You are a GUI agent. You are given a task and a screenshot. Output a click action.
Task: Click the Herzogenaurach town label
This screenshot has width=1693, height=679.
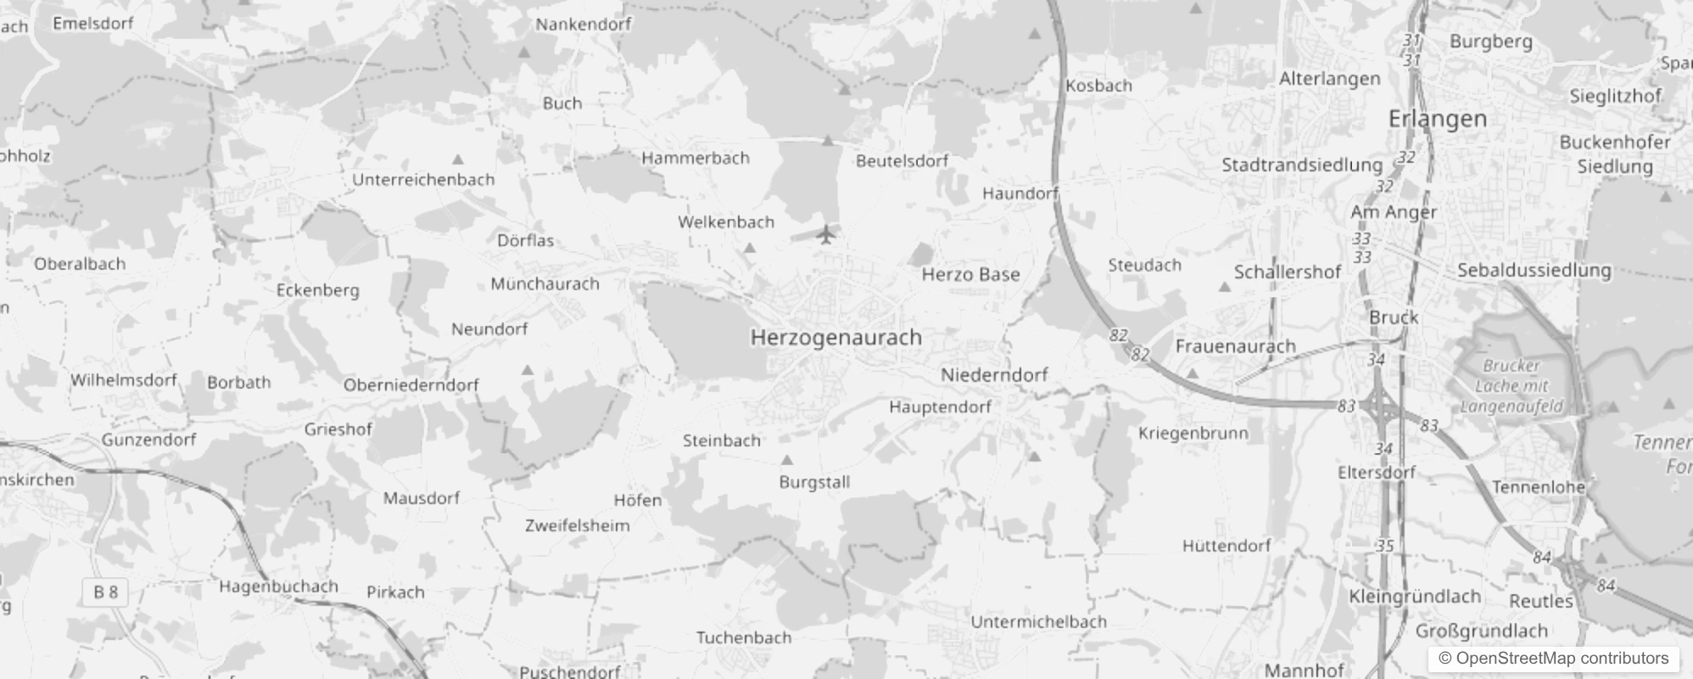point(835,338)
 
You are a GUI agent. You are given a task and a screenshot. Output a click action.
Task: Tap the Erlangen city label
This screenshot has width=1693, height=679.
point(1438,120)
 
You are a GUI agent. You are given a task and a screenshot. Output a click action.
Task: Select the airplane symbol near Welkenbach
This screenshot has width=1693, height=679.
point(826,233)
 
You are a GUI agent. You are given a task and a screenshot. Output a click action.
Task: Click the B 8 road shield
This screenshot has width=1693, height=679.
point(106,592)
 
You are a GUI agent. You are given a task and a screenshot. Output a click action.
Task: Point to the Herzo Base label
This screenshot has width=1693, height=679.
point(970,275)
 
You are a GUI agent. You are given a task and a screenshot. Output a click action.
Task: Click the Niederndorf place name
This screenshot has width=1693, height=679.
point(994,375)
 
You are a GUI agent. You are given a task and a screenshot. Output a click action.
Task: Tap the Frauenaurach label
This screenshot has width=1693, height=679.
point(1235,346)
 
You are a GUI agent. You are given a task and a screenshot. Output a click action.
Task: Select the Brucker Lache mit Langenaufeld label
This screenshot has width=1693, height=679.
point(1511,386)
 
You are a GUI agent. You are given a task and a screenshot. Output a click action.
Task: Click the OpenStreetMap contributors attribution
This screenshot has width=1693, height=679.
point(1553,659)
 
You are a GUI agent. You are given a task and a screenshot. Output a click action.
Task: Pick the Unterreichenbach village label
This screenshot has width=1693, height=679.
point(422,180)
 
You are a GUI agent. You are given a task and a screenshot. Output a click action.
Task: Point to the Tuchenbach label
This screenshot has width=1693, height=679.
point(743,638)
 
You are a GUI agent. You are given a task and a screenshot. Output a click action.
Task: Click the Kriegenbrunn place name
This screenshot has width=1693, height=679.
point(1193,434)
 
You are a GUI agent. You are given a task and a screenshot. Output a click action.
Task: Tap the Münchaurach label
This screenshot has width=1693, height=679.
point(545,284)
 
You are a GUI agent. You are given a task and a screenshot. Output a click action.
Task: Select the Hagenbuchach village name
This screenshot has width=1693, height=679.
point(278,586)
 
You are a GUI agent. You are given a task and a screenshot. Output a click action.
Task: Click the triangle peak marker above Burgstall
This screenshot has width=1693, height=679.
point(787,460)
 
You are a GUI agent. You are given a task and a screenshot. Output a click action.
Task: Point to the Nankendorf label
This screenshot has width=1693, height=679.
point(583,25)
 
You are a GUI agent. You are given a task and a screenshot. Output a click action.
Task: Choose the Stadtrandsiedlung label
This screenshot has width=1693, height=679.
point(1301,166)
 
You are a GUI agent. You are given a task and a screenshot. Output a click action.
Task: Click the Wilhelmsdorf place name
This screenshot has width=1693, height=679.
point(123,380)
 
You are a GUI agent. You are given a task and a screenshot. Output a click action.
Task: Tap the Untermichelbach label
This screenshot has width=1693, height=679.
point(1038,622)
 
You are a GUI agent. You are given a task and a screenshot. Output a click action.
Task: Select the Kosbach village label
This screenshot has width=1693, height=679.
point(1098,86)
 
